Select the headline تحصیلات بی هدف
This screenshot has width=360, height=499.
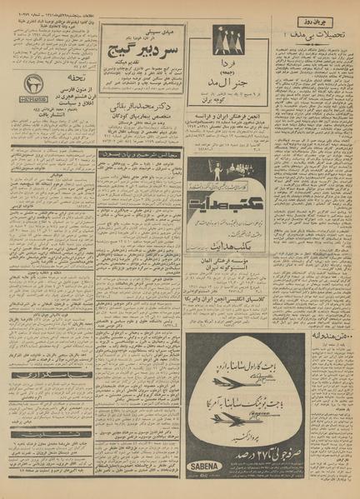318,33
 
